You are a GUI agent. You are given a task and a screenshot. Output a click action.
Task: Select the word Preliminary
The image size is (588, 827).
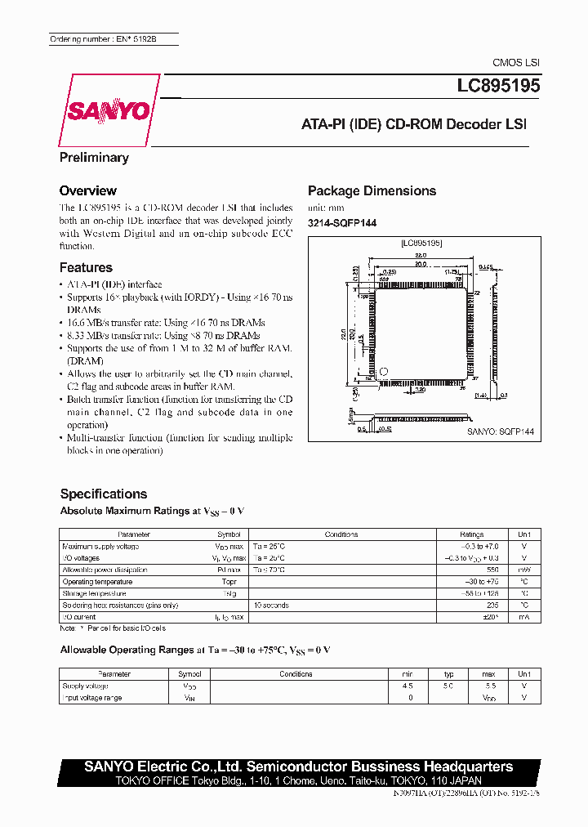94,157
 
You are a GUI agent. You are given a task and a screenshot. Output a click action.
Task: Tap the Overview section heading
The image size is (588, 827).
87,190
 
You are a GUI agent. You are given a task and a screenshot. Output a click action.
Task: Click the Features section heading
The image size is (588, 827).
86,267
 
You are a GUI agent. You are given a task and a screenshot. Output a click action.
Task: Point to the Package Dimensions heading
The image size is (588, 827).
372,190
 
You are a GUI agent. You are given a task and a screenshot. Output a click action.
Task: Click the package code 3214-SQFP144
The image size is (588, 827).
341,223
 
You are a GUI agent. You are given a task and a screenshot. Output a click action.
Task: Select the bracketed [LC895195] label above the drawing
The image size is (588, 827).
421,243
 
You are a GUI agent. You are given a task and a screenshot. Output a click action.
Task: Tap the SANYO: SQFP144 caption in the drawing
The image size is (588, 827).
500,432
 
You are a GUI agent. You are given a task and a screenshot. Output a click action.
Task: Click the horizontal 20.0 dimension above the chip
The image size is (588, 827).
420,264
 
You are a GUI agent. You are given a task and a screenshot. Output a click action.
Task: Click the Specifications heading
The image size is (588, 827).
104,494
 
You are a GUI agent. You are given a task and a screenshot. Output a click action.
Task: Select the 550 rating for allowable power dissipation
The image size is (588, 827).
492,570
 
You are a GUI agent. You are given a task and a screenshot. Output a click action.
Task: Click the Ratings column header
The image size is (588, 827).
471,534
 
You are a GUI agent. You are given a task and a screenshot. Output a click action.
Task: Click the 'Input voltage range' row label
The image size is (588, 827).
92,698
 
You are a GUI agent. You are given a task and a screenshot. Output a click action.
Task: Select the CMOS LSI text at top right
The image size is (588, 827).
515,63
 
